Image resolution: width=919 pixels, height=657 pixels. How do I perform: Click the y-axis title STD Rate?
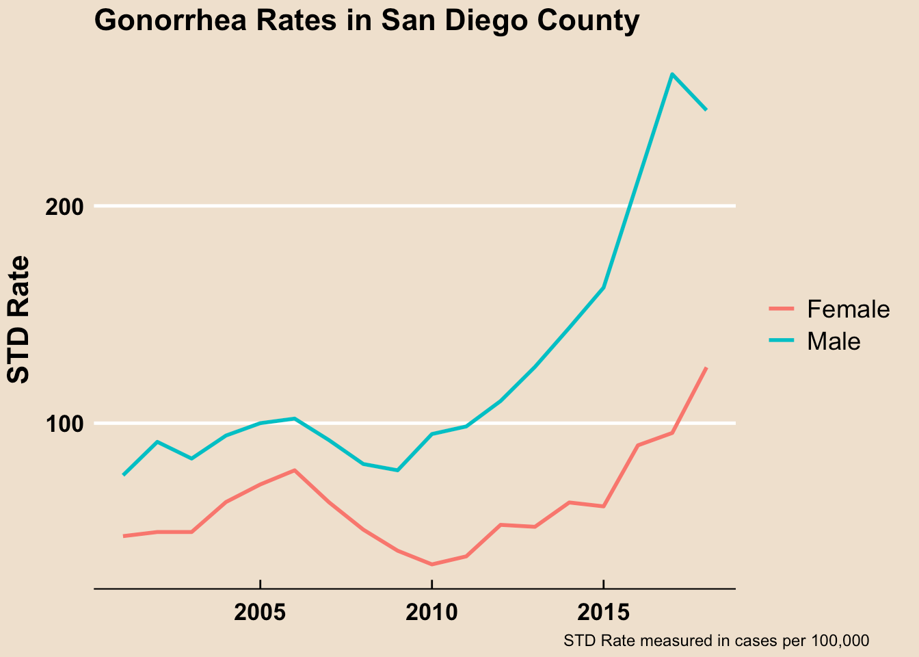pos(18,319)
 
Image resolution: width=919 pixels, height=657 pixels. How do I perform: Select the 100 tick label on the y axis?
pos(64,424)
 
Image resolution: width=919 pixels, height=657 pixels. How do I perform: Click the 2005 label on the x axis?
pos(260,612)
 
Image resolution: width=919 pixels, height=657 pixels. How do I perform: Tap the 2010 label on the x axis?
pos(431,612)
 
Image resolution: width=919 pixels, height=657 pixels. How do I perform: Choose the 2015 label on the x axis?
pos(603,612)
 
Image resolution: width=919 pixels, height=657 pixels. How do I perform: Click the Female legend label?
pos(848,309)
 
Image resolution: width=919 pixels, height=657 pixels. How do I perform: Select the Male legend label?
pos(834,341)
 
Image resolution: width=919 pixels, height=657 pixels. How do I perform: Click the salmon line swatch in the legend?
pos(781,309)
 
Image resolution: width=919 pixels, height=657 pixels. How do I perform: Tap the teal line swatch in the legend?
pos(781,341)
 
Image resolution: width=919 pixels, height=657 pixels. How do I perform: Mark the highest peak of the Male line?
pos(672,74)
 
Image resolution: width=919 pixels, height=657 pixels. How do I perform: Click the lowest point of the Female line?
pos(431,565)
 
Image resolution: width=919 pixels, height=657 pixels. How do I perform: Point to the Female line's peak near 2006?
pos(294,470)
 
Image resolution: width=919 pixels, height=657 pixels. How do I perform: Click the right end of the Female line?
pos(706,368)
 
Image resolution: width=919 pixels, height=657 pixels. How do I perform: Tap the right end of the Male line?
pos(706,109)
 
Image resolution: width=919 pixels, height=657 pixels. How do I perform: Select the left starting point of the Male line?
pos(124,474)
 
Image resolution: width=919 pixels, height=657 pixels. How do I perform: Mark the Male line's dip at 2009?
pos(397,470)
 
